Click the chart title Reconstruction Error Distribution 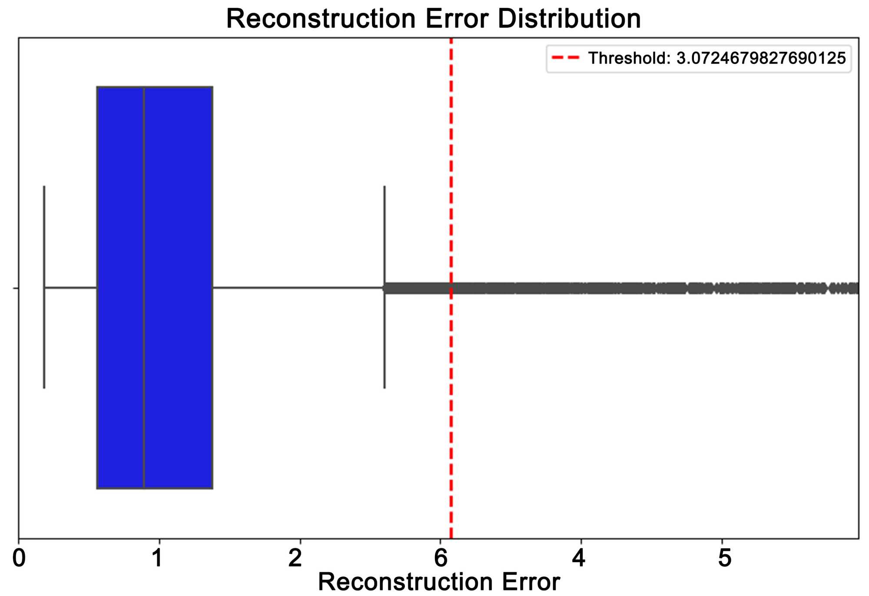pyautogui.click(x=433, y=19)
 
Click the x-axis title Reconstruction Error pyautogui.click(x=439, y=581)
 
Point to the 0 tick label pyautogui.click(x=19, y=558)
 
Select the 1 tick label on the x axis pyautogui.click(x=157, y=558)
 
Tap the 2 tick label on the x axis pyautogui.click(x=295, y=558)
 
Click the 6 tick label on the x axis pyautogui.click(x=441, y=558)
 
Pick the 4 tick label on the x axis pyautogui.click(x=578, y=558)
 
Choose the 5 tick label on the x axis pyautogui.click(x=724, y=558)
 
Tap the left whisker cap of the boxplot pyautogui.click(x=44, y=218)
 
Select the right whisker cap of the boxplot pyautogui.click(x=385, y=218)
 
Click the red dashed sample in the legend pyautogui.click(x=565, y=58)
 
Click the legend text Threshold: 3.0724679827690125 pyautogui.click(x=717, y=58)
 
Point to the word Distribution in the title pyautogui.click(x=569, y=19)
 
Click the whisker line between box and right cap pyautogui.click(x=300, y=288)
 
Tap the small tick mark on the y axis pyautogui.click(x=16, y=288)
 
